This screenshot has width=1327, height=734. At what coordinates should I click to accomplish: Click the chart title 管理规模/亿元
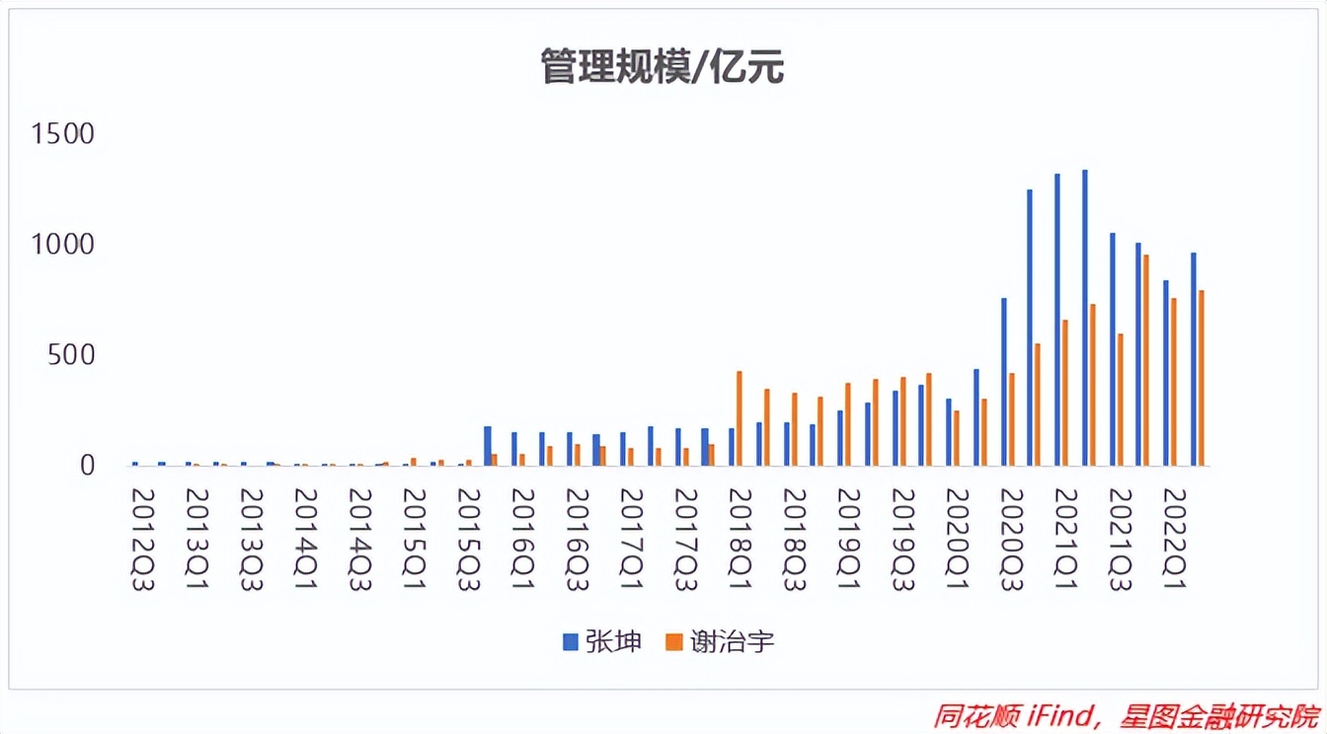coord(662,68)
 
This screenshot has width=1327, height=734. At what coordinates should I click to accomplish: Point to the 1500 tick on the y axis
coord(62,133)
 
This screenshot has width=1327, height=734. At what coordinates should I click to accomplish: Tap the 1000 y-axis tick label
coord(62,244)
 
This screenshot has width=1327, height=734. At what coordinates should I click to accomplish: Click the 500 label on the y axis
coord(75,354)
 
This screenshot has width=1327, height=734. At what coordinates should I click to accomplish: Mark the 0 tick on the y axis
coord(87,465)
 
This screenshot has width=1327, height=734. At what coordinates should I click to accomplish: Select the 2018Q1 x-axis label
coord(740,539)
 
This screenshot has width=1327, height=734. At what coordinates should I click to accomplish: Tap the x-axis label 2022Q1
coord(1174,539)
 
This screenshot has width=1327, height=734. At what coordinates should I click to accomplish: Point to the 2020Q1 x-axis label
coord(957,539)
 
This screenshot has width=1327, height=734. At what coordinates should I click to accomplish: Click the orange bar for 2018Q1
coord(739,418)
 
